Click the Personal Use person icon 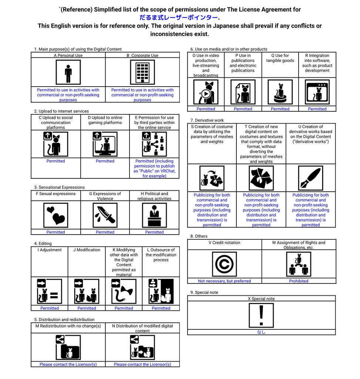pyautogui.click(x=68, y=73)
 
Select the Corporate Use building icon pyautogui.click(x=142, y=73)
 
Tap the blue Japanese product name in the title pyautogui.click(x=179, y=17)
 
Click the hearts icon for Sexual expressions pyautogui.click(x=56, y=215)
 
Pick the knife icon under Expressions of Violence pyautogui.click(x=105, y=215)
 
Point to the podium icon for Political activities pyautogui.click(x=154, y=215)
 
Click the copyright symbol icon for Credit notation pyautogui.click(x=224, y=264)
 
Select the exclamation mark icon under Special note pyautogui.click(x=261, y=315)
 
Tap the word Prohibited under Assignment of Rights pyautogui.click(x=299, y=281)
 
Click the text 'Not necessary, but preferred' pyautogui.click(x=224, y=281)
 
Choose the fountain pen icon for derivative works pyautogui.click(x=310, y=178)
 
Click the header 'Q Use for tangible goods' pyautogui.click(x=280, y=58)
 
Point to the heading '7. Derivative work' pyautogui.click(x=207, y=120)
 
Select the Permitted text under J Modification pyautogui.click(x=87, y=308)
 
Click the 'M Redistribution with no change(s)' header pyautogui.click(x=68, y=326)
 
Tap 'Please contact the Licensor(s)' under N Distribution pyautogui.click(x=142, y=364)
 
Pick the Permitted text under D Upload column pyautogui.click(x=105, y=161)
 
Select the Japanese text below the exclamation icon pyautogui.click(x=261, y=332)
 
